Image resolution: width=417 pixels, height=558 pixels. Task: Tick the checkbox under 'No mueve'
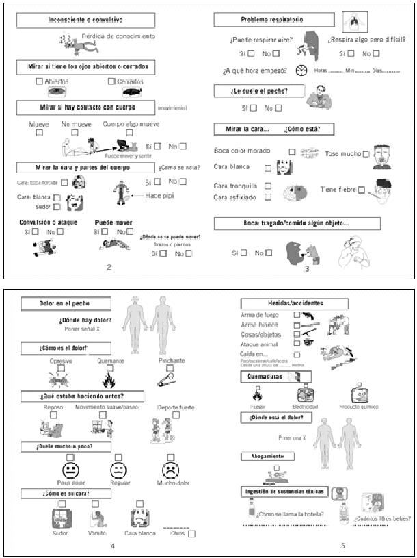click(72, 134)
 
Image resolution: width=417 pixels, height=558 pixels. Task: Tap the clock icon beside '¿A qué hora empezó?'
click(301, 71)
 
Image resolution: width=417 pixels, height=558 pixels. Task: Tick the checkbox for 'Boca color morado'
click(292, 151)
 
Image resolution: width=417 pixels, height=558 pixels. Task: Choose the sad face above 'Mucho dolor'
click(170, 470)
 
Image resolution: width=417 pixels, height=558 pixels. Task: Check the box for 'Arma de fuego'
click(296, 315)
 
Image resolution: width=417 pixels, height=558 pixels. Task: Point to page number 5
click(343, 545)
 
